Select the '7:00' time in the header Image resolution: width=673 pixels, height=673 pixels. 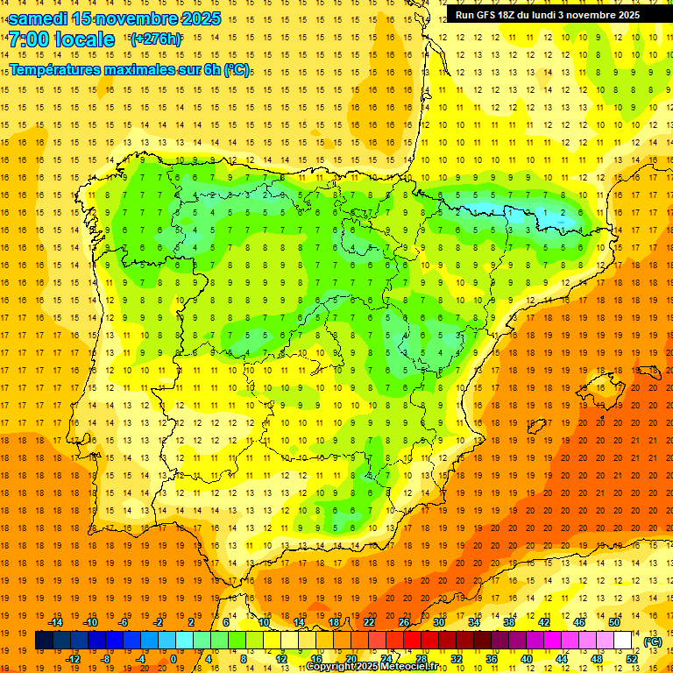point(29,39)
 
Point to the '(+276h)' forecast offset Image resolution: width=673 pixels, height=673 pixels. point(155,39)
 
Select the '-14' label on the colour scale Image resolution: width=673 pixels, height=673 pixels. point(55,622)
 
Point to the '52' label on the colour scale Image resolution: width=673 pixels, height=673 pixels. point(632,659)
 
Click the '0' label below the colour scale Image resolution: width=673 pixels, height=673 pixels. point(173,659)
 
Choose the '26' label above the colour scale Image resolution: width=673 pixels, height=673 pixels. point(404,622)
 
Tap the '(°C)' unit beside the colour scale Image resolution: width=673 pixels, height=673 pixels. point(653,641)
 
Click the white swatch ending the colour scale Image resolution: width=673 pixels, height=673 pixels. point(622,641)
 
